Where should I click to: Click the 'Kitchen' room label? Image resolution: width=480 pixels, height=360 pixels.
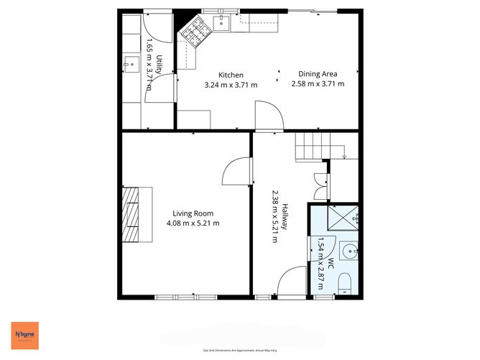[231, 75]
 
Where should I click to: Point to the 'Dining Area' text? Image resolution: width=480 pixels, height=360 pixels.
[318, 73]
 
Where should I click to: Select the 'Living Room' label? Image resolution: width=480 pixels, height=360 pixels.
[193, 213]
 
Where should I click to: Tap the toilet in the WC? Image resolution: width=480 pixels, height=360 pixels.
[343, 282]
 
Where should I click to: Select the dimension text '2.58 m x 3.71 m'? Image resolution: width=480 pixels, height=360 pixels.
[318, 84]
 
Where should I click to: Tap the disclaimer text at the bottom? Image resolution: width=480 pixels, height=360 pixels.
[240, 351]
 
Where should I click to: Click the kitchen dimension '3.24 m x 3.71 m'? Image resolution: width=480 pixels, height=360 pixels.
[231, 85]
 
